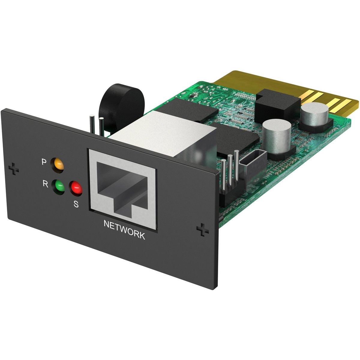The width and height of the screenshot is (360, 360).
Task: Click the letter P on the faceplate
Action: pos(44,162)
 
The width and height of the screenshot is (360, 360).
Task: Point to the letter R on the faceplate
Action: pos(45,184)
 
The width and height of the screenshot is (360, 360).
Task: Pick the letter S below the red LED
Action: pos(76,204)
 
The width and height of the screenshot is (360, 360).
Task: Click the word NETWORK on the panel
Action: pos(124,230)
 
